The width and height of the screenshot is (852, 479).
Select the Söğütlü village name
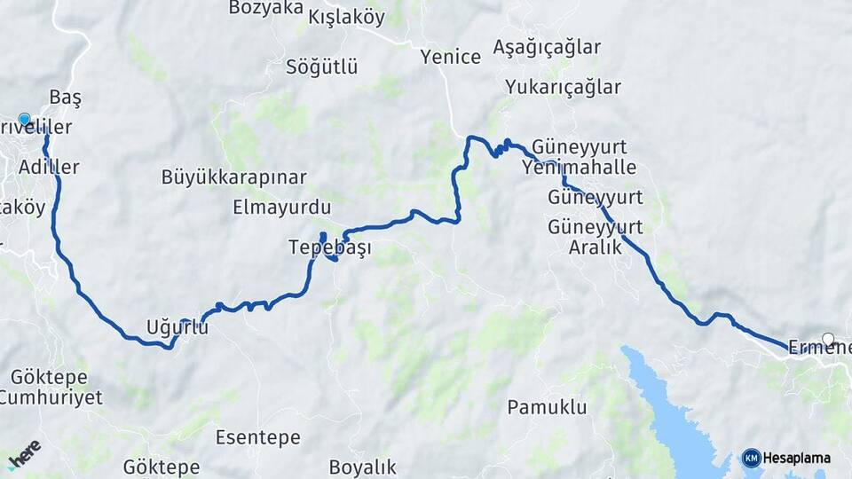pyautogui.click(x=321, y=67)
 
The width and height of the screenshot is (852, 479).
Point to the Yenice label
pyautogui.click(x=451, y=57)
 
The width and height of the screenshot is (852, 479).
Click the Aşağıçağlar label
pyautogui.click(x=547, y=47)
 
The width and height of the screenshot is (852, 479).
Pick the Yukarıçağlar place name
pyautogui.click(x=563, y=87)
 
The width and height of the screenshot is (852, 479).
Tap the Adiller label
pyautogui.click(x=49, y=167)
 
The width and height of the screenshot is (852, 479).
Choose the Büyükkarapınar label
pyautogui.click(x=234, y=177)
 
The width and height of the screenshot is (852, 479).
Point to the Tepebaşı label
pyautogui.click(x=329, y=248)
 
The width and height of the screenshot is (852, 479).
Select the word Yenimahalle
pyautogui.click(x=580, y=167)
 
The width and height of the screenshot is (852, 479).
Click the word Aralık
pyautogui.click(x=596, y=247)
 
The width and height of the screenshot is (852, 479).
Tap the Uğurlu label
pyautogui.click(x=177, y=327)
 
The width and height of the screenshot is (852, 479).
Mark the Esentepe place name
pyautogui.click(x=258, y=437)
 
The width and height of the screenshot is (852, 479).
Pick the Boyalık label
pyautogui.click(x=362, y=467)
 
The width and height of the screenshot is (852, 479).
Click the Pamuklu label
pyautogui.click(x=548, y=408)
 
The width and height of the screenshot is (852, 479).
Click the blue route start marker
pyautogui.click(x=24, y=120)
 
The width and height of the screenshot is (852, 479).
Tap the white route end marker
pyautogui.click(x=828, y=339)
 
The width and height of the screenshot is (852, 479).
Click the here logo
pyautogui.click(x=24, y=453)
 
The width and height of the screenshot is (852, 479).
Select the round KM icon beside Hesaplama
pyautogui.click(x=751, y=458)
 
